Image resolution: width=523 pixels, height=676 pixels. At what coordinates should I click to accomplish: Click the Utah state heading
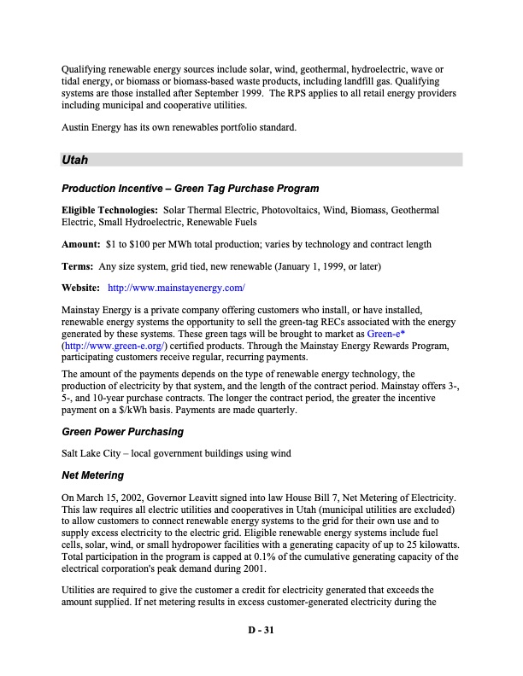click(76, 160)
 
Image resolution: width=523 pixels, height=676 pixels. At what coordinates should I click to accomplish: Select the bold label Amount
click(80, 244)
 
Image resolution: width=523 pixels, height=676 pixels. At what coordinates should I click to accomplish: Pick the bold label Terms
click(78, 266)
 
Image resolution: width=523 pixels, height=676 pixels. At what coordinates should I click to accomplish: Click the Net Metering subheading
click(92, 475)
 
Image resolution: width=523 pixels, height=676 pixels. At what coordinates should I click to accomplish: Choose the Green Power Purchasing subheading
click(122, 432)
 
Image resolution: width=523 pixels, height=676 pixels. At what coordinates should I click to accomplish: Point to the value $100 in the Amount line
click(139, 244)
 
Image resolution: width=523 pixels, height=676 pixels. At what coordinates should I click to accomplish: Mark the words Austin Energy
click(95, 128)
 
